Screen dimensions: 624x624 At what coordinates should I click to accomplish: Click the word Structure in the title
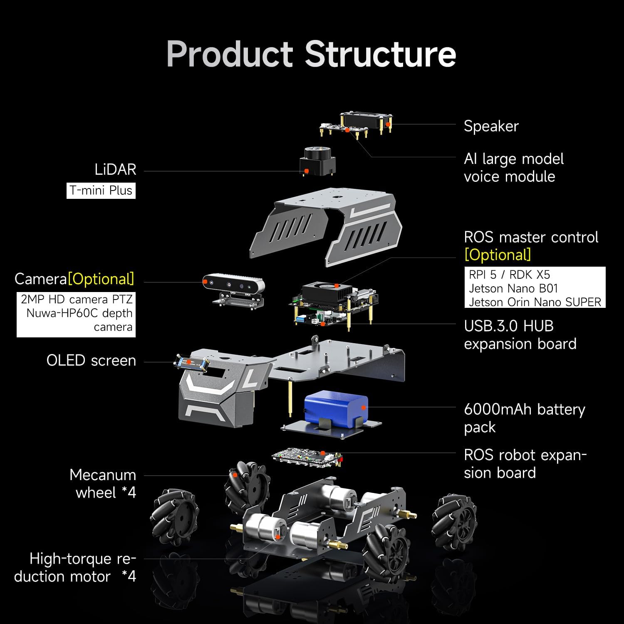pos(380,54)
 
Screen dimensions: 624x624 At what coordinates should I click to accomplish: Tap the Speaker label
pos(491,126)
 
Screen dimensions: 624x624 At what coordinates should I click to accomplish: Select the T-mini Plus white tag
pos(101,191)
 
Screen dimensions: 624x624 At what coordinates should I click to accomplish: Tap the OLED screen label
pos(91,360)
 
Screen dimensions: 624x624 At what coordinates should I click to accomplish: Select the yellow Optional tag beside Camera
pos(101,279)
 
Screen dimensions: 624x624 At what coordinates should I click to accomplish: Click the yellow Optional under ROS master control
pos(498,255)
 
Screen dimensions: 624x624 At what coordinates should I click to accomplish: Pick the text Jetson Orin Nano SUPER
pos(535,302)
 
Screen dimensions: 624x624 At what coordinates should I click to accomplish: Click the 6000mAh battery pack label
pos(524,418)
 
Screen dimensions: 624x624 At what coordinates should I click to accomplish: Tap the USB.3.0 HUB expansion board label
pos(520,335)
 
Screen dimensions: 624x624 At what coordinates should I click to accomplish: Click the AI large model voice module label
pos(513,167)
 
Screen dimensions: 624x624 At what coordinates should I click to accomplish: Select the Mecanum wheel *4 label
pos(103,483)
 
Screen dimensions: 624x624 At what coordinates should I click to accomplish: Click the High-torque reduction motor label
pos(75,567)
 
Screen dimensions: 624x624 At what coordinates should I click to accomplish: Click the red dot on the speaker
pos(388,124)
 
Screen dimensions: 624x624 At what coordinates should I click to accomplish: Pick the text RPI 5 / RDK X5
pos(509,275)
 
